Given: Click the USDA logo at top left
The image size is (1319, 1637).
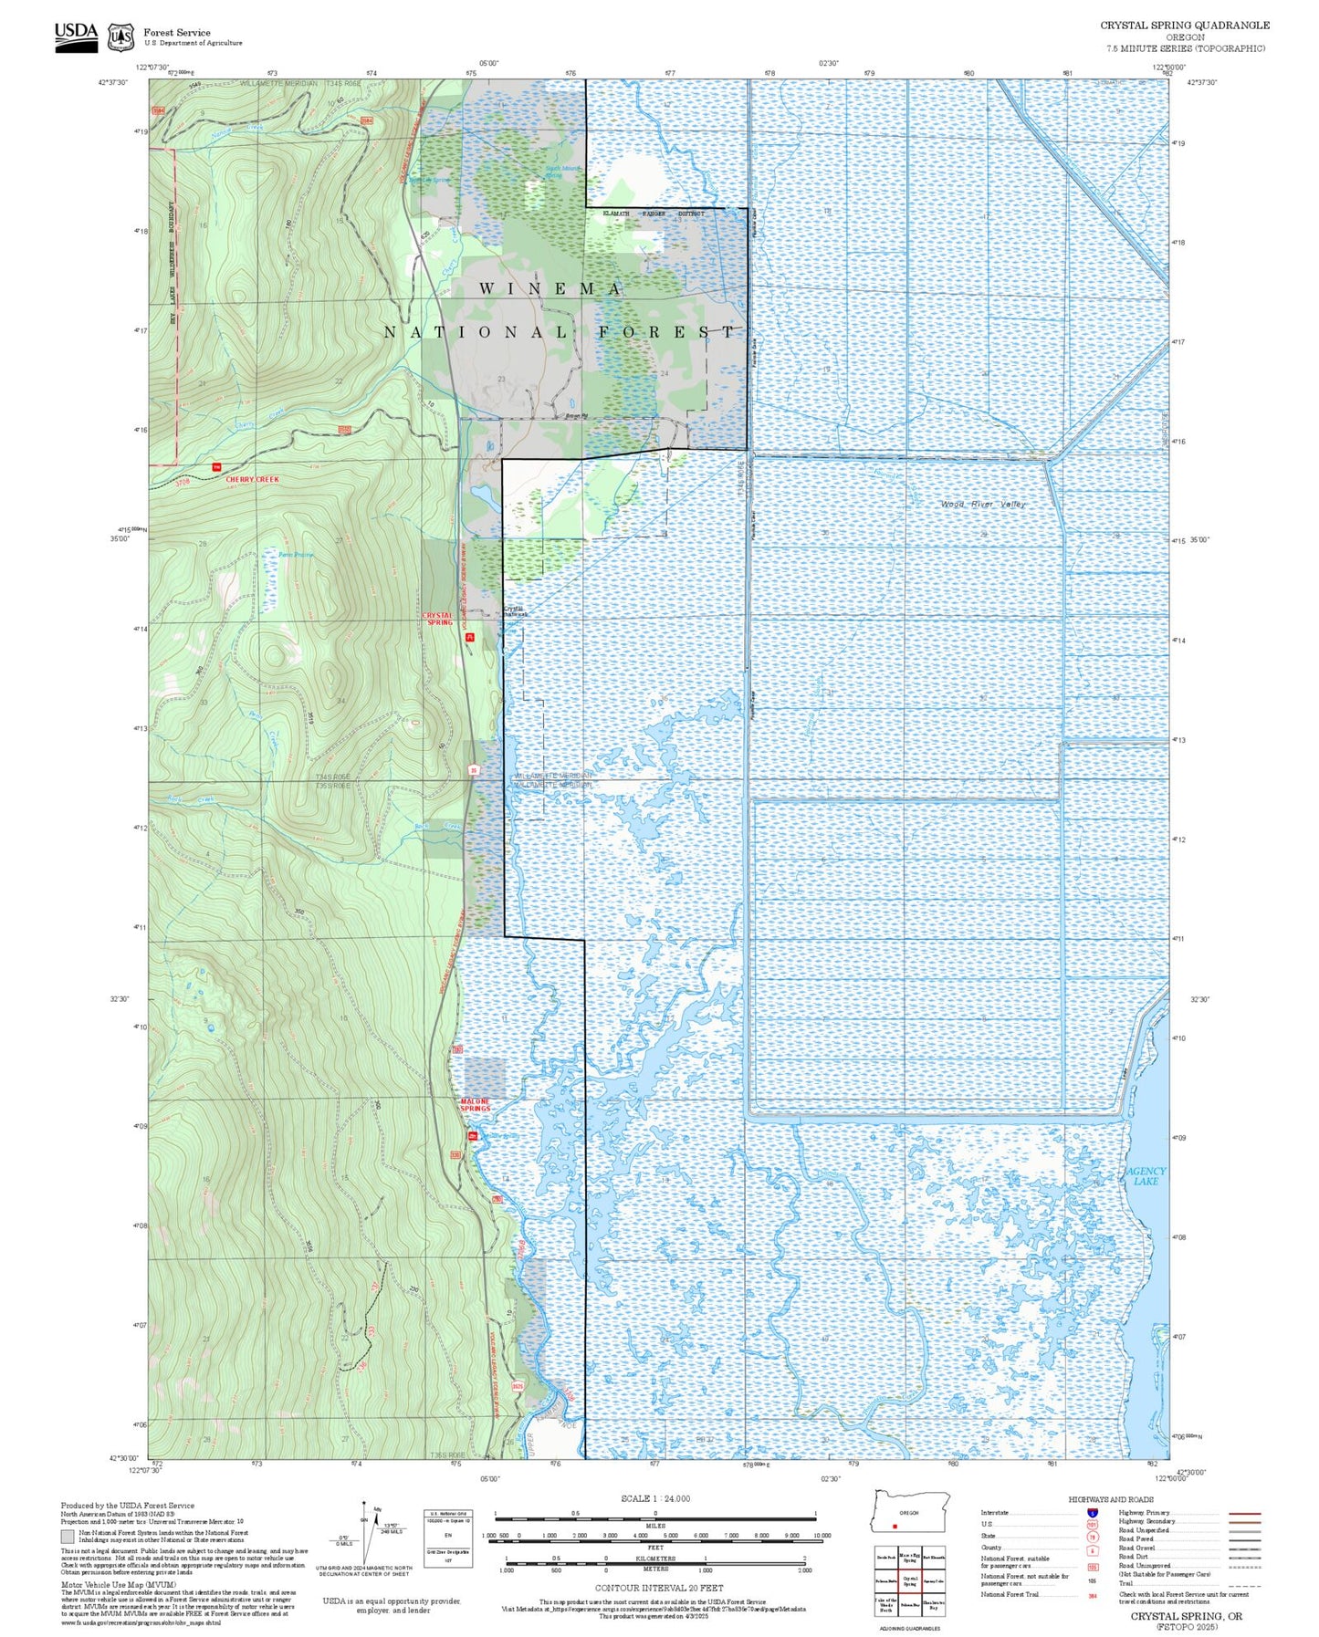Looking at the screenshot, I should [x=76, y=36].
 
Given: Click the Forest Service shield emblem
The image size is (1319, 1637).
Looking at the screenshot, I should [x=120, y=37].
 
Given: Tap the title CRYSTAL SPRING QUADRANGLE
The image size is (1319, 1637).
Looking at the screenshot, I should [x=1184, y=26].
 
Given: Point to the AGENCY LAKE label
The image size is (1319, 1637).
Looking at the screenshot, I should [x=1146, y=1176].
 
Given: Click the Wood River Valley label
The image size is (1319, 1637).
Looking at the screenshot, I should [x=983, y=505].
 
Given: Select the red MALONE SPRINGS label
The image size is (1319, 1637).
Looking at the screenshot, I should [x=475, y=1105].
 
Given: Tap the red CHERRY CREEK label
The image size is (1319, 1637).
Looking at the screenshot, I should [x=253, y=479].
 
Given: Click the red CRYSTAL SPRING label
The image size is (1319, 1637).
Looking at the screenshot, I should [x=438, y=619].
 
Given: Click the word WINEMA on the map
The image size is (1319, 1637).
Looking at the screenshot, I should [x=550, y=289].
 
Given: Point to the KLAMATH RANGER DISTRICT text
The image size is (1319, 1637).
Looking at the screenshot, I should [x=652, y=214].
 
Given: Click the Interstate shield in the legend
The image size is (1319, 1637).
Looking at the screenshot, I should [x=1092, y=1513].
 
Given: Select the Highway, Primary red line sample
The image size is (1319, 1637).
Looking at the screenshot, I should [x=1244, y=1513].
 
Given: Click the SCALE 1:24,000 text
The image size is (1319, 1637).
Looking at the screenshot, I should [x=654, y=1498].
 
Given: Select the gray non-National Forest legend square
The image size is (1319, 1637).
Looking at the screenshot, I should [x=68, y=1536].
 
